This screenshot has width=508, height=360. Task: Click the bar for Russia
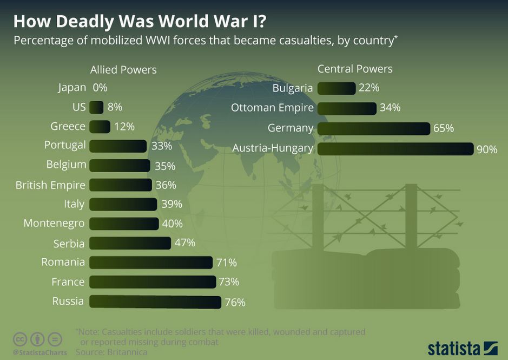155,302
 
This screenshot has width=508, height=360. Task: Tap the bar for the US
96,107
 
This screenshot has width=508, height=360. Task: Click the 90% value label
486,149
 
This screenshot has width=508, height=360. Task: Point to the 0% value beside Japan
100,87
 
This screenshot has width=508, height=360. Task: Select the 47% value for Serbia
184,243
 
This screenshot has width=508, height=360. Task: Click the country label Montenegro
54,223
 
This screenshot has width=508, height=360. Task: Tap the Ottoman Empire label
272,108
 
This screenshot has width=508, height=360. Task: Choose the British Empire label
50,185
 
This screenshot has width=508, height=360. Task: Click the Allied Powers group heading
123,70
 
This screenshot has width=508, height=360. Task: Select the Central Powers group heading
355,69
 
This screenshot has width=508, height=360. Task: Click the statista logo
462,348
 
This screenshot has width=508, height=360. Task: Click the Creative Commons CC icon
20,339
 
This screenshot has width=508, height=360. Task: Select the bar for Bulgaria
336,88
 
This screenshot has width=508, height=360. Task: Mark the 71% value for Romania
226,263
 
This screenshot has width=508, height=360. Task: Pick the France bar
152,282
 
